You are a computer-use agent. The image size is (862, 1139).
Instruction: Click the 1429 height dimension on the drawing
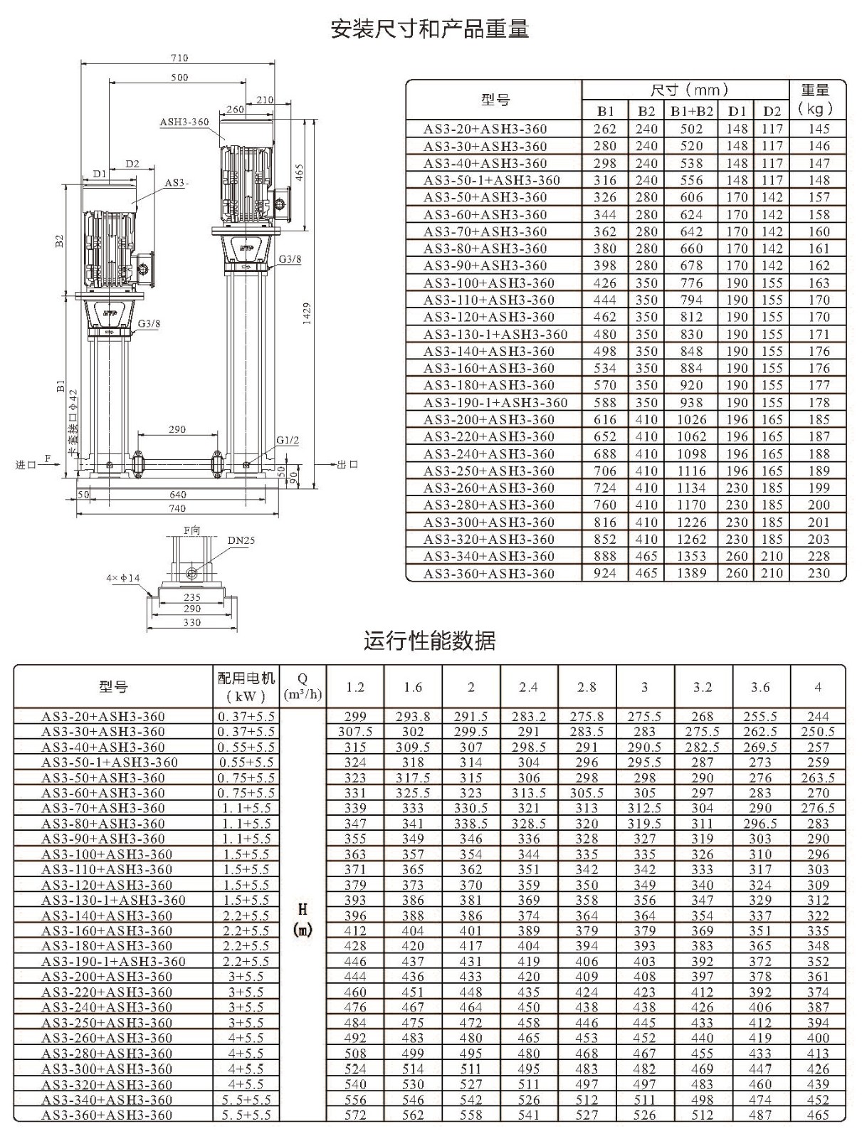coord(307,313)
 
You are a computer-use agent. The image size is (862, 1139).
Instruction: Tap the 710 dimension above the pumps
coord(179,58)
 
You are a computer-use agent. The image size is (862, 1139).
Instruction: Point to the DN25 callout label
coord(242,540)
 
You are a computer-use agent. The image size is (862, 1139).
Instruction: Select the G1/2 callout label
coord(288,440)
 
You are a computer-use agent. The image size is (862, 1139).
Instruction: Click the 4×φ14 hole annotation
coord(123,577)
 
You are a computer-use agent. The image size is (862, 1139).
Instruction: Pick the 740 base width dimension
coord(177,508)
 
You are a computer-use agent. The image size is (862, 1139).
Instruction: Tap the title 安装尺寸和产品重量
coord(430,29)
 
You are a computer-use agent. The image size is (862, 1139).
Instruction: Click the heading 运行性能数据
coord(430,641)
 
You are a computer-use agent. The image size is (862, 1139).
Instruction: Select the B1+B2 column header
coord(692,112)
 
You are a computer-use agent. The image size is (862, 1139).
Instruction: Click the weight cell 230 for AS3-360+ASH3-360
coord(819,573)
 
